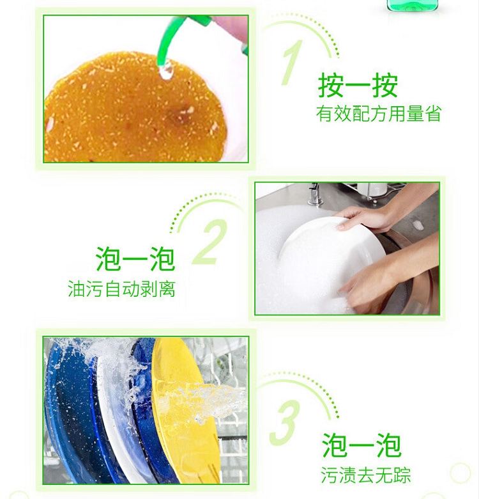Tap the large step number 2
(x=210, y=242)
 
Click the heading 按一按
(x=358, y=86)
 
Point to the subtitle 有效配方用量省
(x=379, y=114)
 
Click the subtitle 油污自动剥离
(x=121, y=289)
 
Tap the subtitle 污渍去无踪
(x=366, y=475)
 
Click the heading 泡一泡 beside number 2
(x=135, y=258)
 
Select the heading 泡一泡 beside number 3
(x=361, y=445)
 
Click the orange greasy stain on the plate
(x=135, y=108)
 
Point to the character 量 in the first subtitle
(x=415, y=114)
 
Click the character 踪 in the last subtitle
(x=402, y=475)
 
